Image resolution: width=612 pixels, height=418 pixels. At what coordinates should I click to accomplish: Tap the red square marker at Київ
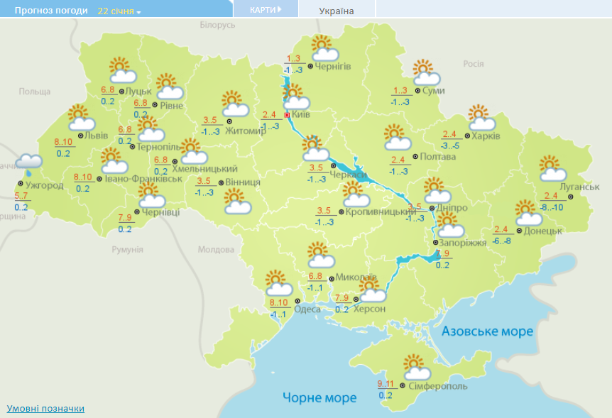[287, 114]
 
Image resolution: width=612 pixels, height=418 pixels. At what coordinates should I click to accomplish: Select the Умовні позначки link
[45, 409]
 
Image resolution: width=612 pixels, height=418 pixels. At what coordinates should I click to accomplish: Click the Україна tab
[337, 11]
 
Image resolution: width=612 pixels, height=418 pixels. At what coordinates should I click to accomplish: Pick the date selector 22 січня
[119, 11]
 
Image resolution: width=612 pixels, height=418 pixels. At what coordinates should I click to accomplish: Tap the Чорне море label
[319, 397]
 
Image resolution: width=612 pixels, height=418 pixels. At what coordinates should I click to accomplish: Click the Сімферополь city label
[438, 386]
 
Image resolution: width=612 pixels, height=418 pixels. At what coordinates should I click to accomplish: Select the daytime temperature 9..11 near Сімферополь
[386, 385]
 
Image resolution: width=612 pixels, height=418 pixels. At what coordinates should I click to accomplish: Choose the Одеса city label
[307, 309]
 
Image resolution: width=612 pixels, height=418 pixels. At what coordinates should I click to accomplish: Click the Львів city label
[97, 136]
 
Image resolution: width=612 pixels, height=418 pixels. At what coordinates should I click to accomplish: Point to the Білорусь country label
[217, 25]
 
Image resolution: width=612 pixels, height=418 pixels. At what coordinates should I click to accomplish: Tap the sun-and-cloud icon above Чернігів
[324, 48]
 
